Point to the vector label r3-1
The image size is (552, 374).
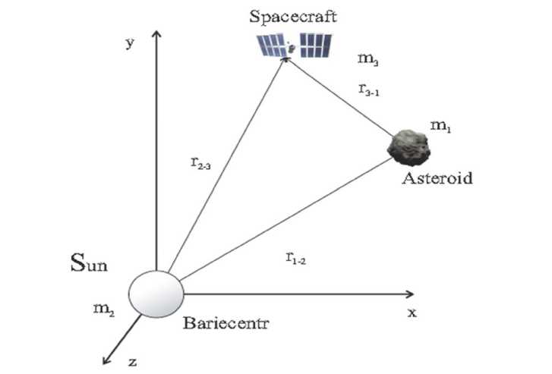pos(368,89)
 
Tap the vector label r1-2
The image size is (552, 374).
pos(295,259)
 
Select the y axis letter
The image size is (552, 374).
pos(130,43)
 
